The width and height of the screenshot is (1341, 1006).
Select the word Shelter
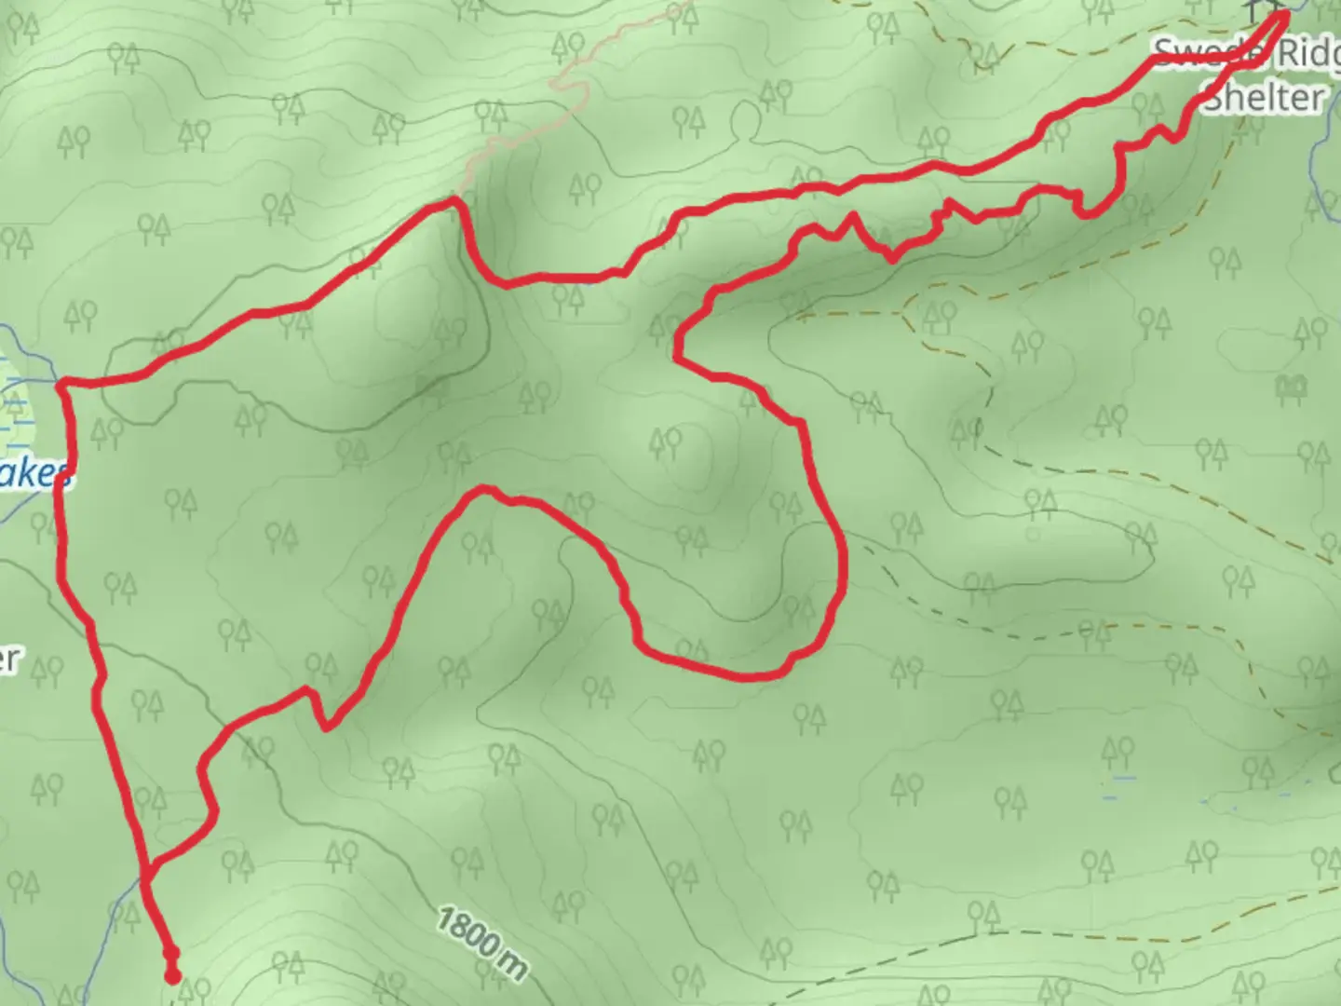click(x=1264, y=96)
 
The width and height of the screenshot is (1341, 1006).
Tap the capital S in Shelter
click(x=1212, y=96)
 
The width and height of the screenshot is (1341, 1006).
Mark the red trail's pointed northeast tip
click(x=1286, y=13)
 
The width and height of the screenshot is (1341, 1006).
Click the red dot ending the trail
click(x=172, y=975)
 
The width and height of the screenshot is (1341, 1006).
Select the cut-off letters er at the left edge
click(x=7, y=658)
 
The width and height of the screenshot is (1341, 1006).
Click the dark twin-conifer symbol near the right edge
click(x=1292, y=387)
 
